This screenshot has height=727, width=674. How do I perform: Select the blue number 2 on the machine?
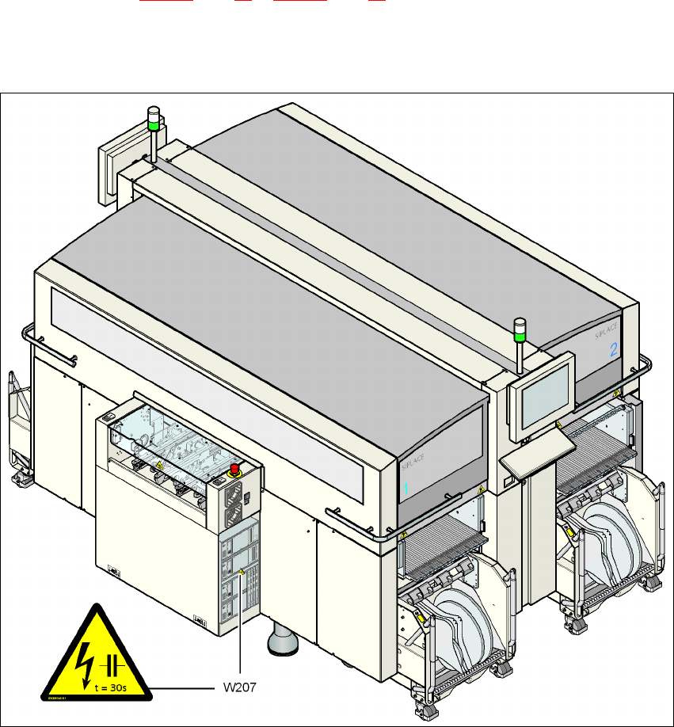point(613,349)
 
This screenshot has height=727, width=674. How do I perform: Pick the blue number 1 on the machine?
point(405,489)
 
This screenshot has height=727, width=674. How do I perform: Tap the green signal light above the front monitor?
point(520,338)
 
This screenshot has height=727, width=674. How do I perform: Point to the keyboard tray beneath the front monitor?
point(531,455)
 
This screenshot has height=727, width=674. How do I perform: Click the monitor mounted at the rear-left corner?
point(109,173)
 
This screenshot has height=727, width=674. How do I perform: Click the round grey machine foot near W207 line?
point(282,639)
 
